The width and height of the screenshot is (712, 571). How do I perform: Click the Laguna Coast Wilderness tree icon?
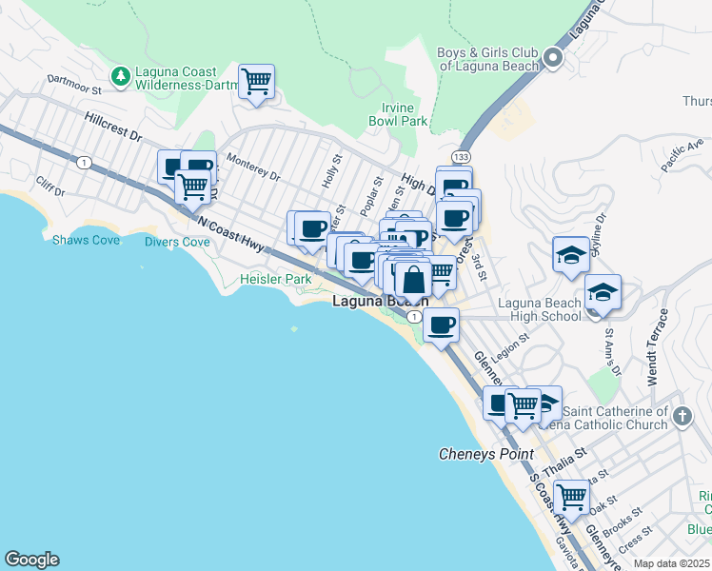[x=121, y=74]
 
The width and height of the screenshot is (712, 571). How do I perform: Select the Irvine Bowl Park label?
[x=398, y=114]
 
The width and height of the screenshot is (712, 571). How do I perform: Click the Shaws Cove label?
[x=87, y=240]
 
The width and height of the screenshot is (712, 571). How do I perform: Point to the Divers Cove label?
[x=177, y=242]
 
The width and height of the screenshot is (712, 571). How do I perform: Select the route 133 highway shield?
[x=461, y=156]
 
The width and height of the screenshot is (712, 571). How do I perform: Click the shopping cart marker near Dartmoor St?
[x=257, y=82]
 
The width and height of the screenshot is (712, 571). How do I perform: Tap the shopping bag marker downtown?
[x=413, y=282]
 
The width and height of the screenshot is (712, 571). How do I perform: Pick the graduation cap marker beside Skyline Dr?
[x=570, y=255]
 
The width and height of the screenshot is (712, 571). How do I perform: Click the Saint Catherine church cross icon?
[x=682, y=416]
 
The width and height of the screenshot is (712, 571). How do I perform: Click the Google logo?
[x=31, y=560]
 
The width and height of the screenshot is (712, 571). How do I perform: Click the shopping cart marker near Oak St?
[x=571, y=496]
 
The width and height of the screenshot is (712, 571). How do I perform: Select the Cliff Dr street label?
[x=49, y=186]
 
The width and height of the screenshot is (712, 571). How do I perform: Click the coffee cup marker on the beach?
[x=441, y=325]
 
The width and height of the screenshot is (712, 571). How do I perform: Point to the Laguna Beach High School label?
[x=540, y=310]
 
